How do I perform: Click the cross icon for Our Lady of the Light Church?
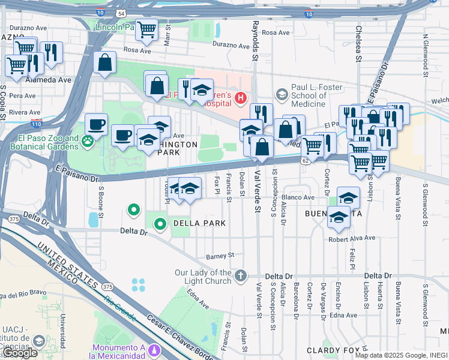click(240, 275)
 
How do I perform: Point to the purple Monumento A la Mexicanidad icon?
click(155, 349)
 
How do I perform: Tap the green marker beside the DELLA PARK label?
click(160, 224)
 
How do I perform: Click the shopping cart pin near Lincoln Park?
click(146, 29)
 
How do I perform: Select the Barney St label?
click(220, 256)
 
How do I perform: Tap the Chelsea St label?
click(359, 43)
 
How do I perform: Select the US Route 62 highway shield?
click(306, 160)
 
